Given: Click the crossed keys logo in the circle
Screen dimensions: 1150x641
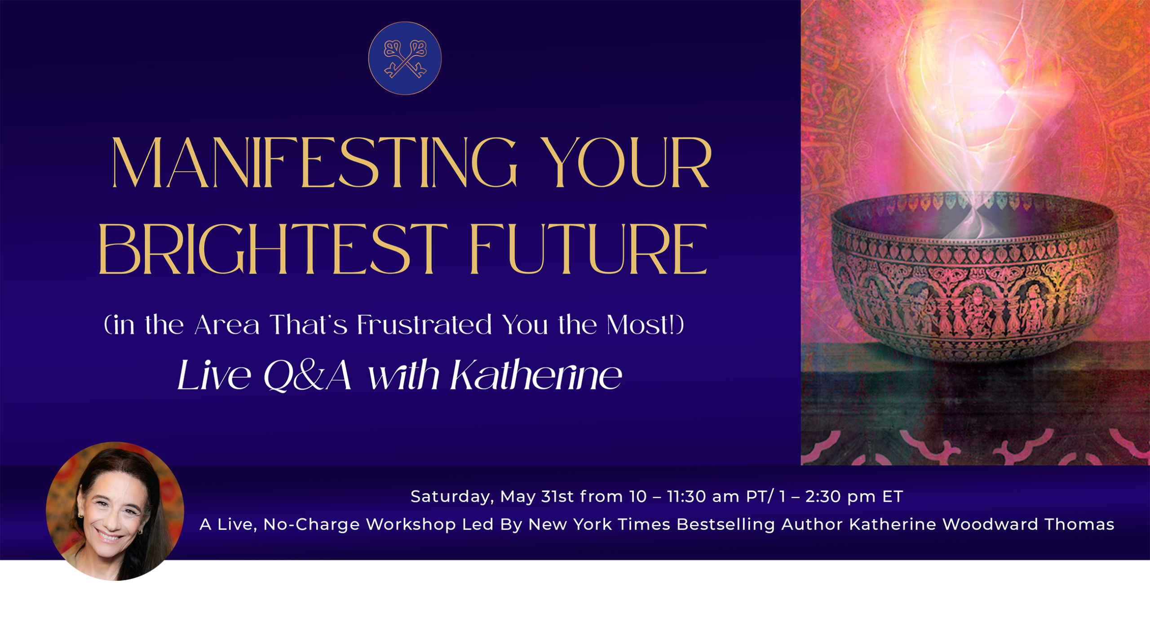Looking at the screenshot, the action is tap(405, 58).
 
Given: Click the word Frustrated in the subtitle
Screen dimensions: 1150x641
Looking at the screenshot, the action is tap(425, 325).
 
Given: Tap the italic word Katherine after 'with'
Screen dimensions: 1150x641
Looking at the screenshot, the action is tap(536, 374).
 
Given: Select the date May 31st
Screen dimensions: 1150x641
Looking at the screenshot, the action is tap(537, 496).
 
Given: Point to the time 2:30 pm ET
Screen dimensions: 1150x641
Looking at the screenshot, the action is tap(854, 497).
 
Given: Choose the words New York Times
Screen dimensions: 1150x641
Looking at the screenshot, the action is tap(599, 525).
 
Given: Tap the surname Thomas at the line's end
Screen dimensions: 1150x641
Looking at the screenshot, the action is tap(1079, 525).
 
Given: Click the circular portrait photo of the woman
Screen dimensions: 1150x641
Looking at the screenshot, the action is tap(115, 512).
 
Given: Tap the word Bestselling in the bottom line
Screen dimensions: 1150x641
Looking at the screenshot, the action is tap(726, 525).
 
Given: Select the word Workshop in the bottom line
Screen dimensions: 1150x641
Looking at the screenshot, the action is tap(411, 525).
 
